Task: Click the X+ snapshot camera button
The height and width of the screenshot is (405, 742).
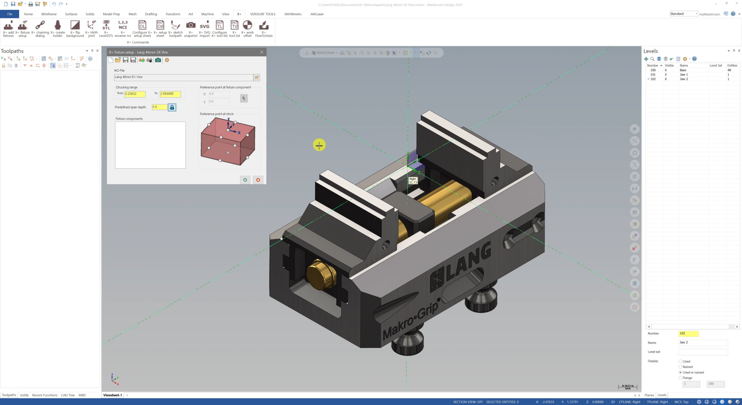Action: point(191,28)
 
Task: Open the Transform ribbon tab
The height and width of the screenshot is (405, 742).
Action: point(173,14)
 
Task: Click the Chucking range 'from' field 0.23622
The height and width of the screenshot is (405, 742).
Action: point(135,94)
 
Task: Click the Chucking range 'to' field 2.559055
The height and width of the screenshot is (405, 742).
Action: point(170,94)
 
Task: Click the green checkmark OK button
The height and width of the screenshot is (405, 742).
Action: point(245,180)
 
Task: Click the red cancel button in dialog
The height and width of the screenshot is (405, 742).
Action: point(258,180)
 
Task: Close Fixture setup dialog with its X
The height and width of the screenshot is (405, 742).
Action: point(262,52)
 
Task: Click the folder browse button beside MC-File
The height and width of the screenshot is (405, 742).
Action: point(257,77)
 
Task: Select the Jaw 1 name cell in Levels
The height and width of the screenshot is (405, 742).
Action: point(684,75)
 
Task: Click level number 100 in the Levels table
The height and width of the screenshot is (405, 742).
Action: point(653,70)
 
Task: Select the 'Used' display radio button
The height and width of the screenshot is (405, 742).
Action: point(680,361)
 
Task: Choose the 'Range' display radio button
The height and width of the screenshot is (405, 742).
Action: point(680,378)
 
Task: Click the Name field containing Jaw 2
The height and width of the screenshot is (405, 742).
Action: point(703,342)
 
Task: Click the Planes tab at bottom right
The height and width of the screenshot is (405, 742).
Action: point(649,395)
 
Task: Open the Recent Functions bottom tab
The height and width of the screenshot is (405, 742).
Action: point(45,395)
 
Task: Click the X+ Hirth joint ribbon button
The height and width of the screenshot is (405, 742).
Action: point(91,28)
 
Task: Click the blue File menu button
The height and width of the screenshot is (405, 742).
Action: point(10,14)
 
